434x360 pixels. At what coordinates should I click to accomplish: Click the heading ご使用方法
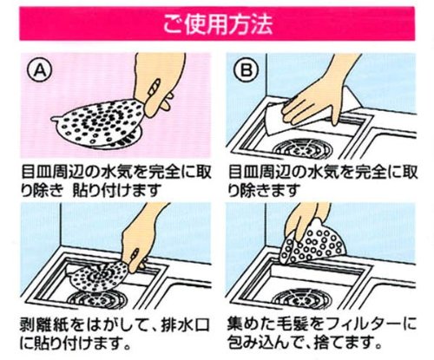pyautogui.click(x=218, y=24)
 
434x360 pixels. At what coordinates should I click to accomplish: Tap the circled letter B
pyautogui.click(x=247, y=71)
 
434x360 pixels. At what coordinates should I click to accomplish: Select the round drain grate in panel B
pyautogui.click(x=303, y=149)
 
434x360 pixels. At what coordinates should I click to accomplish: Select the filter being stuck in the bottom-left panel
pyautogui.click(x=98, y=275)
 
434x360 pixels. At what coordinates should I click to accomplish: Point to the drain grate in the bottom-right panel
pyautogui.click(x=302, y=298)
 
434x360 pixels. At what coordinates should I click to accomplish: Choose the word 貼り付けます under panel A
pyautogui.click(x=116, y=190)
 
